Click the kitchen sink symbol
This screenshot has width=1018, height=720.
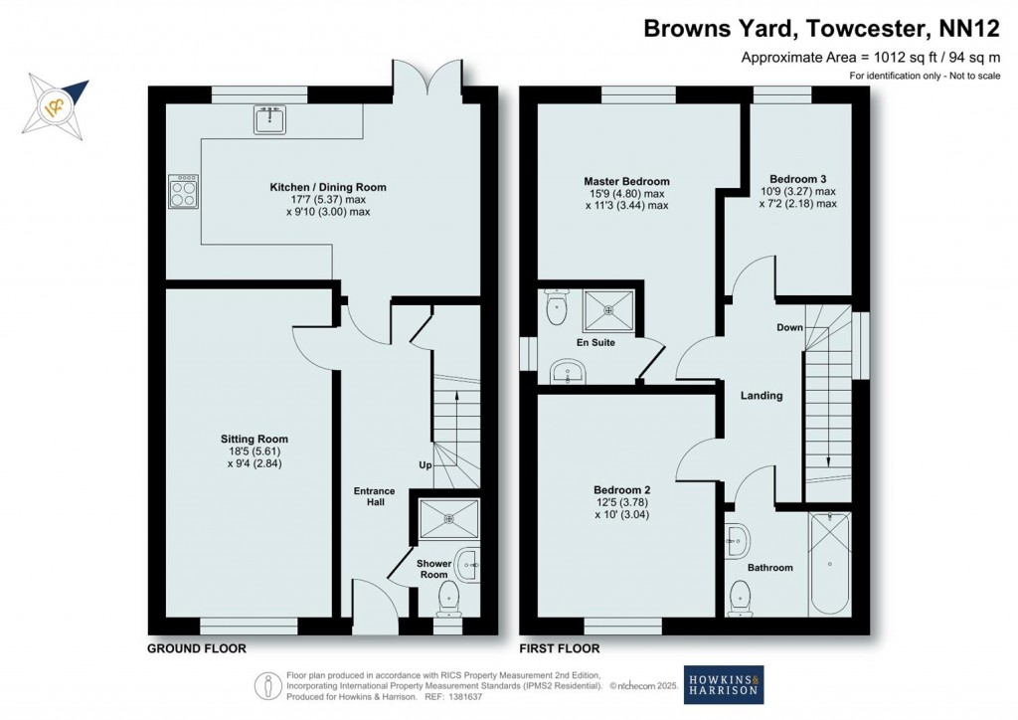[x=267, y=120]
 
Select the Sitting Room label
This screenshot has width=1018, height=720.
[x=254, y=439]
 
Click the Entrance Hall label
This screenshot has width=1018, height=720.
[x=375, y=496]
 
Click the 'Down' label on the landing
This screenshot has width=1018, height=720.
[x=790, y=327]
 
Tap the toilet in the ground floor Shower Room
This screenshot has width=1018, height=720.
[x=449, y=599]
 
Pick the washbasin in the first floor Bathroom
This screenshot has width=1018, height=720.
[x=738, y=540]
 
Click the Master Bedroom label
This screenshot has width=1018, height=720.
[x=626, y=182]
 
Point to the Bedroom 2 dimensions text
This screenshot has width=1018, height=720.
[x=622, y=508]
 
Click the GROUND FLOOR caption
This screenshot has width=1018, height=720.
[x=197, y=648]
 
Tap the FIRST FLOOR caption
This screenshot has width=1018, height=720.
[x=561, y=648]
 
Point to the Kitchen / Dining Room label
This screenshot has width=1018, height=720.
[x=328, y=187]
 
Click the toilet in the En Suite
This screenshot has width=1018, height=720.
[x=556, y=307]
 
